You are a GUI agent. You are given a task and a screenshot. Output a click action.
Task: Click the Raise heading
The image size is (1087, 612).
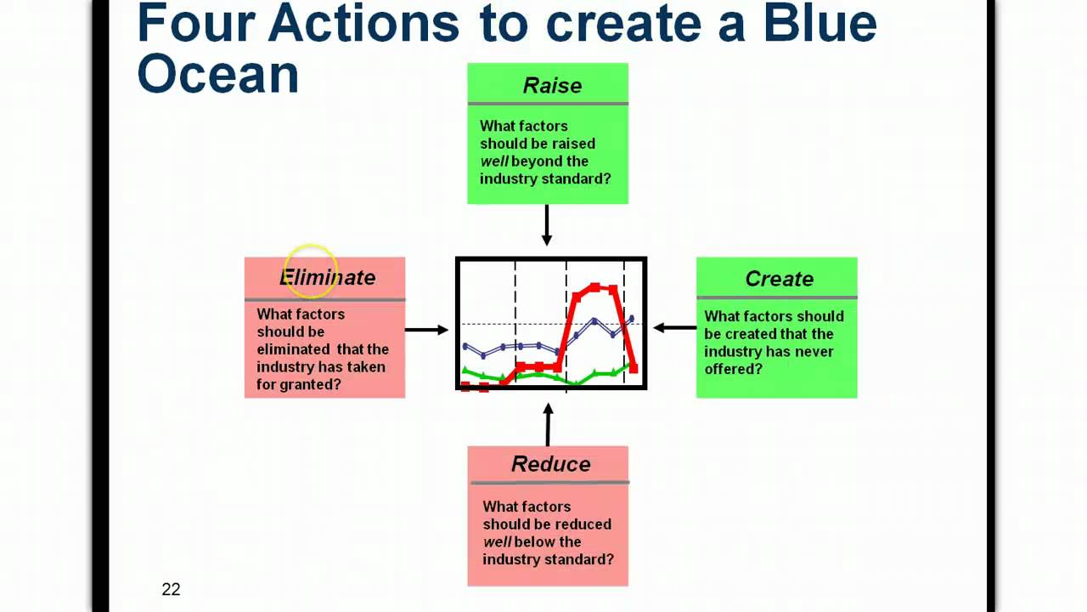552,86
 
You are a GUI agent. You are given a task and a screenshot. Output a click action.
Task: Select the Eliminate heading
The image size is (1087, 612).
328,278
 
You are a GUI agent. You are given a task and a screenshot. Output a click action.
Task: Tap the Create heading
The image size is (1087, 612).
779,279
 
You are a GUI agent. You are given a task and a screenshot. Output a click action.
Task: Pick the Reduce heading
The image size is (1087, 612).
550,464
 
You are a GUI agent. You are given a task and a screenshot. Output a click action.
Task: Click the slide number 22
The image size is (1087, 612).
171,589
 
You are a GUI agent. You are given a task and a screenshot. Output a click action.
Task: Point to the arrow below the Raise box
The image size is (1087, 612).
547,226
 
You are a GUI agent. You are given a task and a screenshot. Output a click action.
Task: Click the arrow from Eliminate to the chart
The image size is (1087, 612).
426,329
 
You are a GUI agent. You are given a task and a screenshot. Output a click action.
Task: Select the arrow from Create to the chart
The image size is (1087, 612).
675,326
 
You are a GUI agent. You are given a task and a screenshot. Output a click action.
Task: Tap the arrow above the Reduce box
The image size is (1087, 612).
548,423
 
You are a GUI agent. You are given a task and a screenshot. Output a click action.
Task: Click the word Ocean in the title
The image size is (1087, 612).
217,74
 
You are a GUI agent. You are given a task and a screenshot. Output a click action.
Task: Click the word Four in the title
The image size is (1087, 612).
195,23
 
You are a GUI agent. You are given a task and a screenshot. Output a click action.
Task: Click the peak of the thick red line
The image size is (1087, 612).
596,287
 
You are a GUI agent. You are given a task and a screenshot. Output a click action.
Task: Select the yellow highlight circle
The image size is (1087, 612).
310,271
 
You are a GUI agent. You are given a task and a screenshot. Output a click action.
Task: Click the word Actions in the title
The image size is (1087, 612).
363,23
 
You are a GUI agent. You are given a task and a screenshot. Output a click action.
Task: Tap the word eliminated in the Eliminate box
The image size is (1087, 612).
293,349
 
